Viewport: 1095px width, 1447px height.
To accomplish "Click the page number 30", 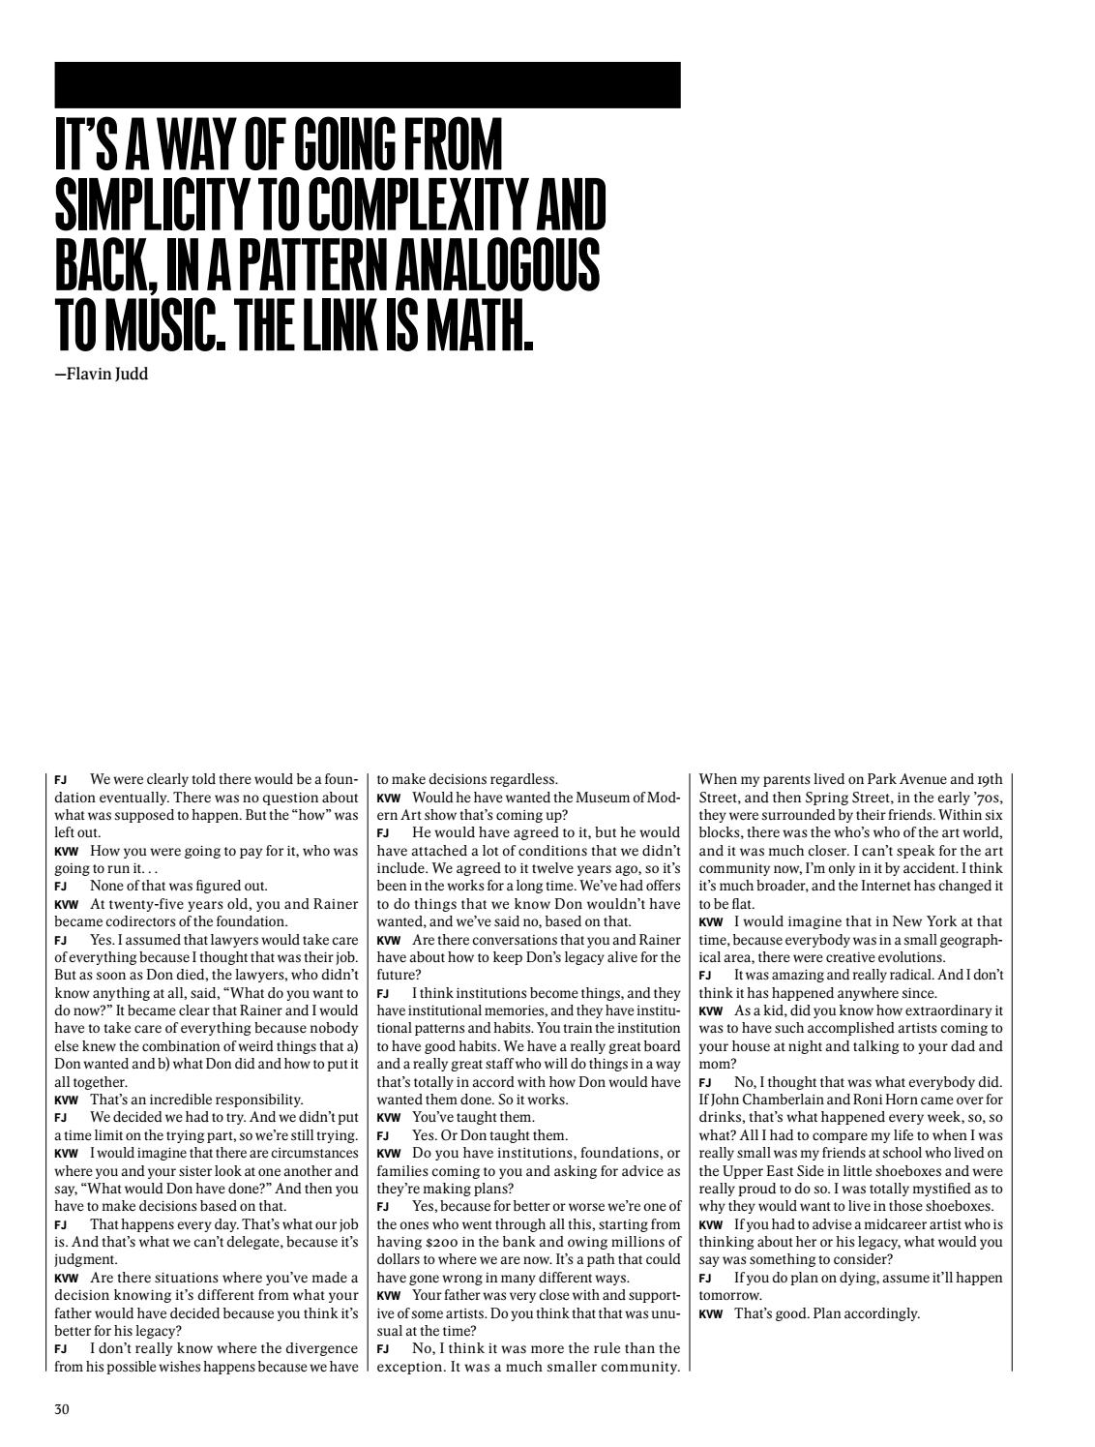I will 62,1409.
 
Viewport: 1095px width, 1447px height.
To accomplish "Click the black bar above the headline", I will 368,85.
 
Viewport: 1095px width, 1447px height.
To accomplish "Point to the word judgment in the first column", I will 85,1259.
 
